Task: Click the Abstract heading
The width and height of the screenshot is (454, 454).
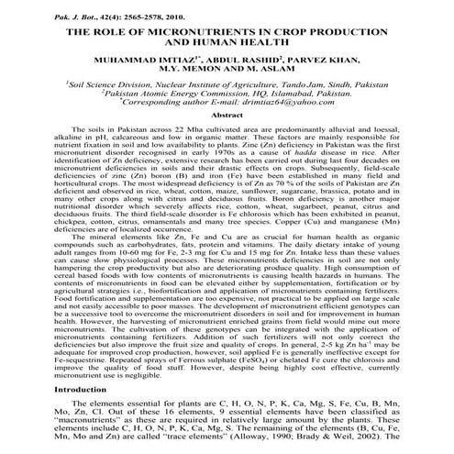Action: (226, 116)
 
